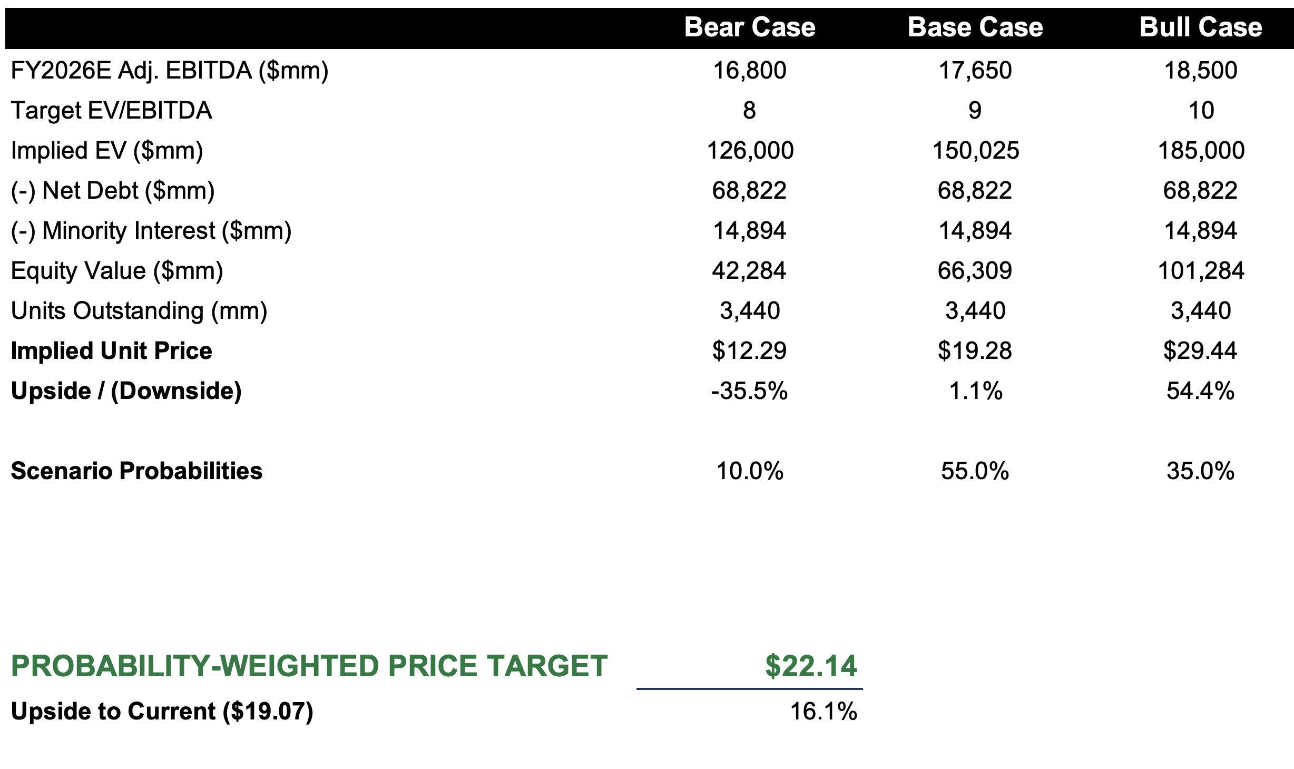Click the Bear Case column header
point(749,27)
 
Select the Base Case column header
point(975,27)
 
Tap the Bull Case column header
point(1200,27)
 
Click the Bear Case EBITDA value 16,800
point(749,71)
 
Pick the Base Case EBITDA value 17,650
point(975,71)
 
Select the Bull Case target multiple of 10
point(1201,111)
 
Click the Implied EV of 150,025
point(976,151)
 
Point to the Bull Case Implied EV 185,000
point(1201,151)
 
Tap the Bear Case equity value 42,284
point(749,271)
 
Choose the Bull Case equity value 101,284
point(1201,271)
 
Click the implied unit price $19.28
point(975,351)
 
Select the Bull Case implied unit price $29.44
point(1200,351)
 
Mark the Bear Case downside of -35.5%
point(749,391)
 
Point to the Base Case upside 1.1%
point(976,391)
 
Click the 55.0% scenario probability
point(975,471)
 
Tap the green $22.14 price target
point(811,666)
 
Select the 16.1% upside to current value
point(824,712)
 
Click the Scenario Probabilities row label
point(136,471)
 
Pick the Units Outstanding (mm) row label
point(139,311)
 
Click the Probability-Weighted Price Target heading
point(309,666)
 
